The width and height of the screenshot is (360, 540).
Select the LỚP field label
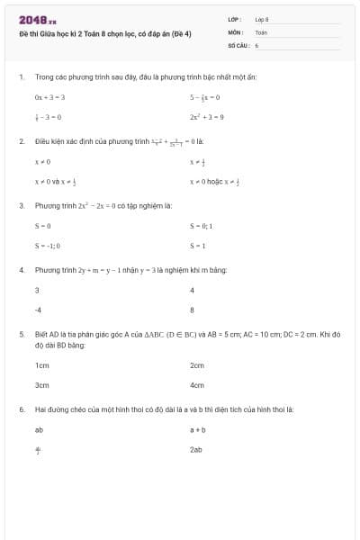(x=234, y=19)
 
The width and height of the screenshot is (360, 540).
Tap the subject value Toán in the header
(x=261, y=31)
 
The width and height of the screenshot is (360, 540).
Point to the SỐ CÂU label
(x=237, y=44)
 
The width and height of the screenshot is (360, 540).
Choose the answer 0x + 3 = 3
(x=50, y=96)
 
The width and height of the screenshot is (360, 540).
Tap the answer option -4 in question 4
(x=39, y=310)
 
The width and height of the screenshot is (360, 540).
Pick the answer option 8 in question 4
(x=193, y=310)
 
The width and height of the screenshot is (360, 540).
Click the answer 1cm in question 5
(x=41, y=365)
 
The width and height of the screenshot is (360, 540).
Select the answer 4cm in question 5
(x=197, y=385)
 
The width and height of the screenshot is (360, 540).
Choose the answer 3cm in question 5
(x=41, y=385)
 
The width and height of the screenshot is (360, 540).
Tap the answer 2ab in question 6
(x=196, y=449)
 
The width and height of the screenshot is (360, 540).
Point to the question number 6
(x=21, y=409)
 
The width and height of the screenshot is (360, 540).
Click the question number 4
(x=21, y=270)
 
